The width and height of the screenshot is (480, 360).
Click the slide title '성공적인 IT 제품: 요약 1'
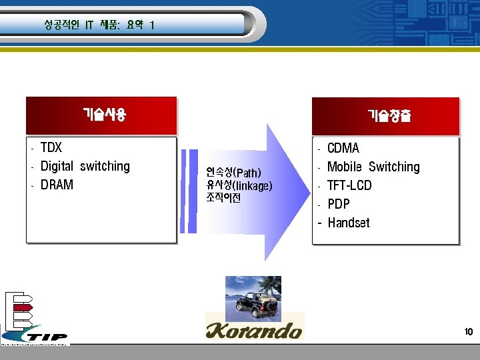(x=99, y=25)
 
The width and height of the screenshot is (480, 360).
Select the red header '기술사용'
(x=104, y=115)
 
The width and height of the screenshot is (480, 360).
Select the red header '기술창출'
(x=389, y=116)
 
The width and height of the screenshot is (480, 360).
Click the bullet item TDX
(x=51, y=147)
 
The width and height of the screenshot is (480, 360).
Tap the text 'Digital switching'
(x=85, y=166)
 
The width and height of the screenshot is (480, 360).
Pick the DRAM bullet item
(x=57, y=185)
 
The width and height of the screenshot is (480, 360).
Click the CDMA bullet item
(x=343, y=148)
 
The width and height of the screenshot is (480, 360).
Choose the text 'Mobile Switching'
(x=373, y=167)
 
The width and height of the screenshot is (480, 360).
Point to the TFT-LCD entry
(x=349, y=185)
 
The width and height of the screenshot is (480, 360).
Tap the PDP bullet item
(x=338, y=204)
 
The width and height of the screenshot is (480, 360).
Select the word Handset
(x=348, y=223)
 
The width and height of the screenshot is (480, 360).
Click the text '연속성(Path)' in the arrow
(x=233, y=173)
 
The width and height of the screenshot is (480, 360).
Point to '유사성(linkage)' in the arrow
(x=239, y=185)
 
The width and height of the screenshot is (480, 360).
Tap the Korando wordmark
(x=254, y=329)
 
